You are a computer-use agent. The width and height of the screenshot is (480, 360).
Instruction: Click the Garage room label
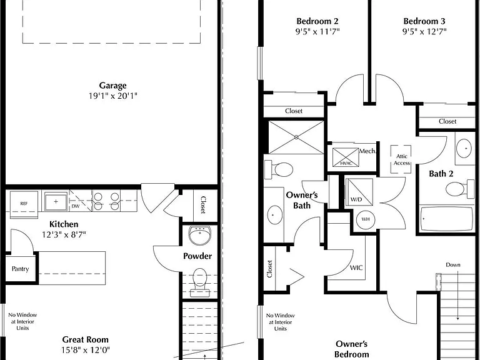(112, 86)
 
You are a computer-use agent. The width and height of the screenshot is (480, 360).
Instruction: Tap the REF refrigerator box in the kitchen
(24, 204)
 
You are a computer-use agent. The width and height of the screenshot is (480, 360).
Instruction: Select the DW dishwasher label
(75, 206)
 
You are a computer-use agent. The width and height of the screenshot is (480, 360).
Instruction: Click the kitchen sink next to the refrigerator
(56, 202)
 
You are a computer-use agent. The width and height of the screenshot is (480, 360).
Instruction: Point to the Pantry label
(20, 269)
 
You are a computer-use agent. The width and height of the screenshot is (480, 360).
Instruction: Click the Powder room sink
(199, 235)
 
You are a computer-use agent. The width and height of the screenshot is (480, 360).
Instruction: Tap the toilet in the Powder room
(199, 282)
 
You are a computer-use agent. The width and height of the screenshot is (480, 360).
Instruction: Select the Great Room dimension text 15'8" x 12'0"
(86, 349)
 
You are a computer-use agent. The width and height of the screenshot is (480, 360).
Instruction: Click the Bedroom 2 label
(317, 21)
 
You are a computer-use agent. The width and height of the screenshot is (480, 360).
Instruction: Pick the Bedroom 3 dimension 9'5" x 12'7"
(424, 31)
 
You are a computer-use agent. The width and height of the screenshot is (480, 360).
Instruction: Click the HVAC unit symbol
(346, 157)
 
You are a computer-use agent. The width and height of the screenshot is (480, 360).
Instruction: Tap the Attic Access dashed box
(401, 159)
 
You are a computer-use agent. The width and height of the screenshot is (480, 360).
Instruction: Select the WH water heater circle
(366, 219)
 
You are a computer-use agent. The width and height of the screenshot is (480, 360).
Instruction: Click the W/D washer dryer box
(359, 192)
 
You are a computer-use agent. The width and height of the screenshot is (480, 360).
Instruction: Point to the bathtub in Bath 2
(447, 219)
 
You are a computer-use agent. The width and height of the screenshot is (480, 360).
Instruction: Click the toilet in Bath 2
(460, 189)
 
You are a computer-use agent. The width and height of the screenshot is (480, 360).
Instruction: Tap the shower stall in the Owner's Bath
(296, 137)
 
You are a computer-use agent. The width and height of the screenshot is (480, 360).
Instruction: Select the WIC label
(356, 268)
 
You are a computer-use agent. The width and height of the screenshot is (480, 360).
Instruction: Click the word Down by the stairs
(452, 265)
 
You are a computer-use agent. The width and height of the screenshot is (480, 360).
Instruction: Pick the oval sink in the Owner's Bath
(274, 214)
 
